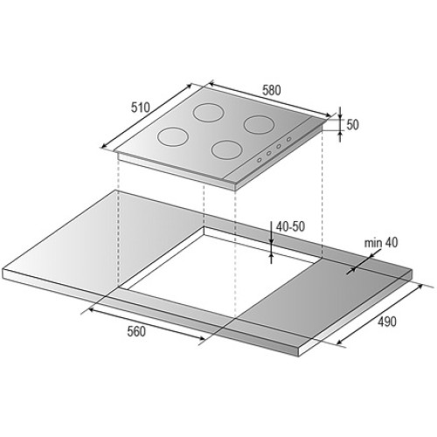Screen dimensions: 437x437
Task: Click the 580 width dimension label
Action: coord(272,90)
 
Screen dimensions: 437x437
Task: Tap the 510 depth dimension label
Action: coord(140,108)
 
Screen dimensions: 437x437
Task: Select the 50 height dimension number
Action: coord(352,125)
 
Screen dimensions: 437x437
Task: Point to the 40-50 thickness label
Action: coord(290,226)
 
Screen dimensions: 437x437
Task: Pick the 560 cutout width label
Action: coord(136,331)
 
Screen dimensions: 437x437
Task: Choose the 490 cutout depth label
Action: coord(387,322)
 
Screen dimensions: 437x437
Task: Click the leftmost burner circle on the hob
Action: coord(173,136)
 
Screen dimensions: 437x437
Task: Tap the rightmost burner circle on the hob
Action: coord(259,125)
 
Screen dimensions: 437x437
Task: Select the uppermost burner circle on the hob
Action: coord(208,113)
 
